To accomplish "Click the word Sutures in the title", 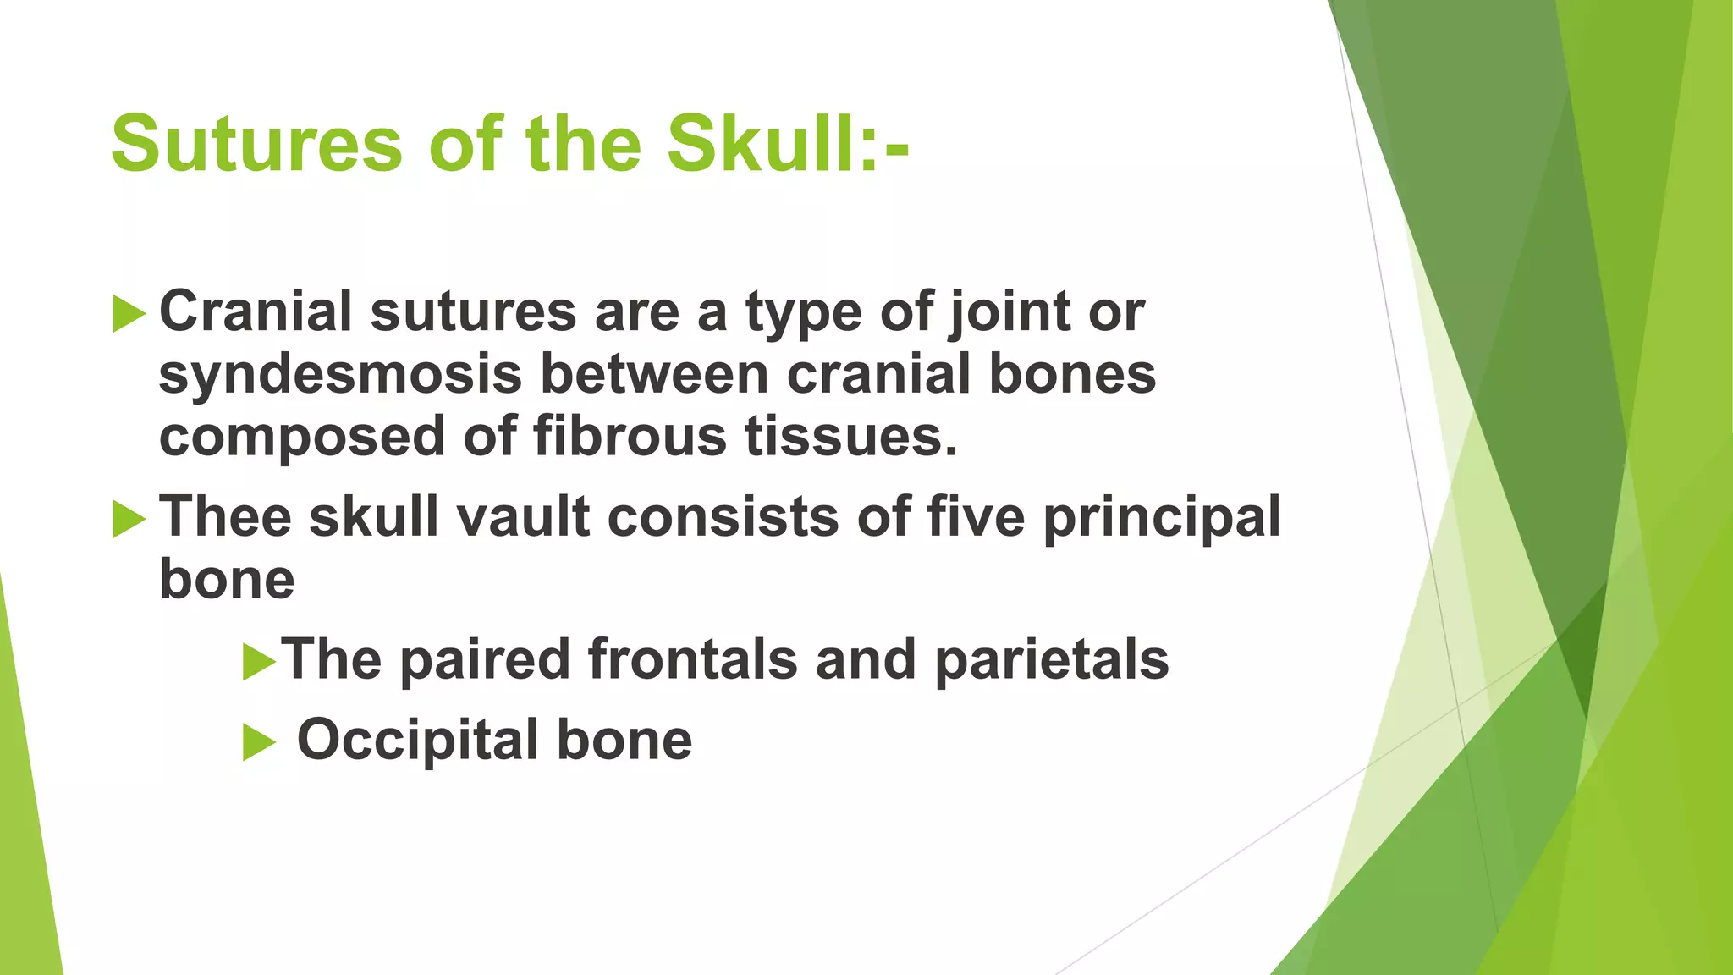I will pyautogui.click(x=256, y=144).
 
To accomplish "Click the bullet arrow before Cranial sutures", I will pyautogui.click(x=129, y=314).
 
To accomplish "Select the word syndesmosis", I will pyautogui.click(x=340, y=375).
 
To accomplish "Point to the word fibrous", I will pyautogui.click(x=630, y=437).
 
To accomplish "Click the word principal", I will pyautogui.click(x=1162, y=518).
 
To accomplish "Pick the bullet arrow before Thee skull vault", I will pyautogui.click(x=129, y=519).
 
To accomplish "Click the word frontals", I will pyautogui.click(x=692, y=659).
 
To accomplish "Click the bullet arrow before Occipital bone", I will pyautogui.click(x=259, y=742).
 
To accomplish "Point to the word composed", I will pyautogui.click(x=302, y=438).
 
